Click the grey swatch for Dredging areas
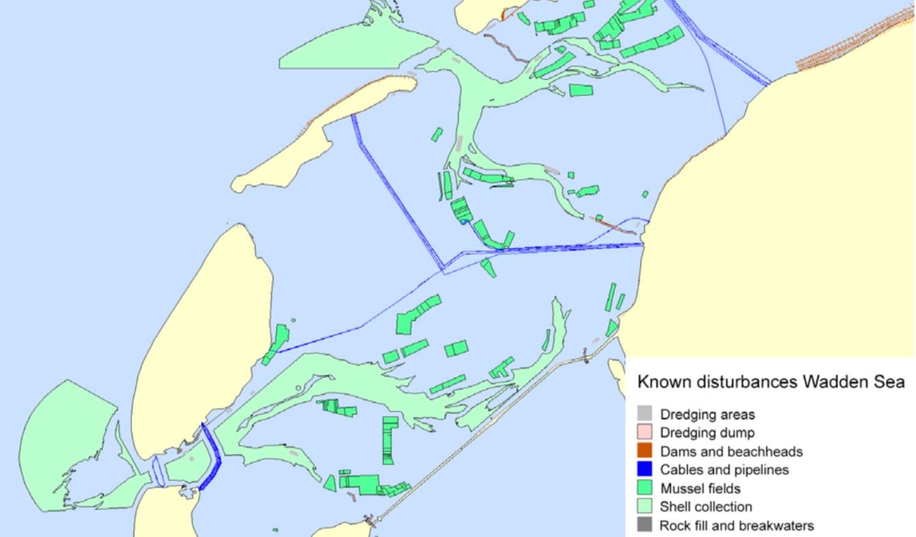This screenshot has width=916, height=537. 644,414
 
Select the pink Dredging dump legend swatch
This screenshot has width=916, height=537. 644,432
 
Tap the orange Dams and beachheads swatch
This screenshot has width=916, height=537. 644,451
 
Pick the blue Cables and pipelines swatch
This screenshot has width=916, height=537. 644,469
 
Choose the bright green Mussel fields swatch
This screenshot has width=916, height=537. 644,488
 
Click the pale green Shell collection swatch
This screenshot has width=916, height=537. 644,507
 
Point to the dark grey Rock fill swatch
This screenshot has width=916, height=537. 644,525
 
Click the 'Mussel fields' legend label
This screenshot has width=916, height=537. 700,488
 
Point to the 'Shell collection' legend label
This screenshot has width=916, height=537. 705,507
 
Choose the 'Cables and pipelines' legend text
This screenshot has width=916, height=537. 724,470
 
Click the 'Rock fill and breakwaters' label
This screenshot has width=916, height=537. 736,525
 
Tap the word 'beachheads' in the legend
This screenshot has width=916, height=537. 770,452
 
